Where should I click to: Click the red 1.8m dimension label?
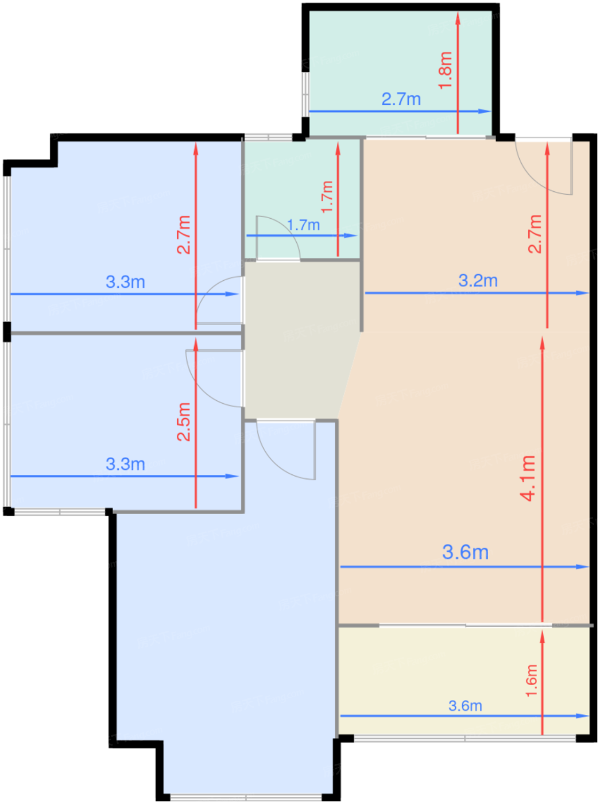click(446, 71)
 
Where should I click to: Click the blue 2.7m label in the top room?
click(401, 99)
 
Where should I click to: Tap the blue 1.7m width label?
click(304, 225)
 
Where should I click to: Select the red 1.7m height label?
click(327, 197)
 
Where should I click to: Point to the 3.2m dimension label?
click(478, 281)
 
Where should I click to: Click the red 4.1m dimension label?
click(528, 478)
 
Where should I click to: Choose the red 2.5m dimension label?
click(184, 422)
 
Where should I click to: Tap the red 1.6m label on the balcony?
click(531, 681)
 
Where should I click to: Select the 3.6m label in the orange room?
click(466, 552)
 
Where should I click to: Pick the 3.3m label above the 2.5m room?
click(126, 282)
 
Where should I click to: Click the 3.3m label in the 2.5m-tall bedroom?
click(126, 464)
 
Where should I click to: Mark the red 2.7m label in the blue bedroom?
click(184, 235)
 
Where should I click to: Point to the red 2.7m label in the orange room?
click(535, 234)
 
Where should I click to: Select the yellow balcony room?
click(463, 681)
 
